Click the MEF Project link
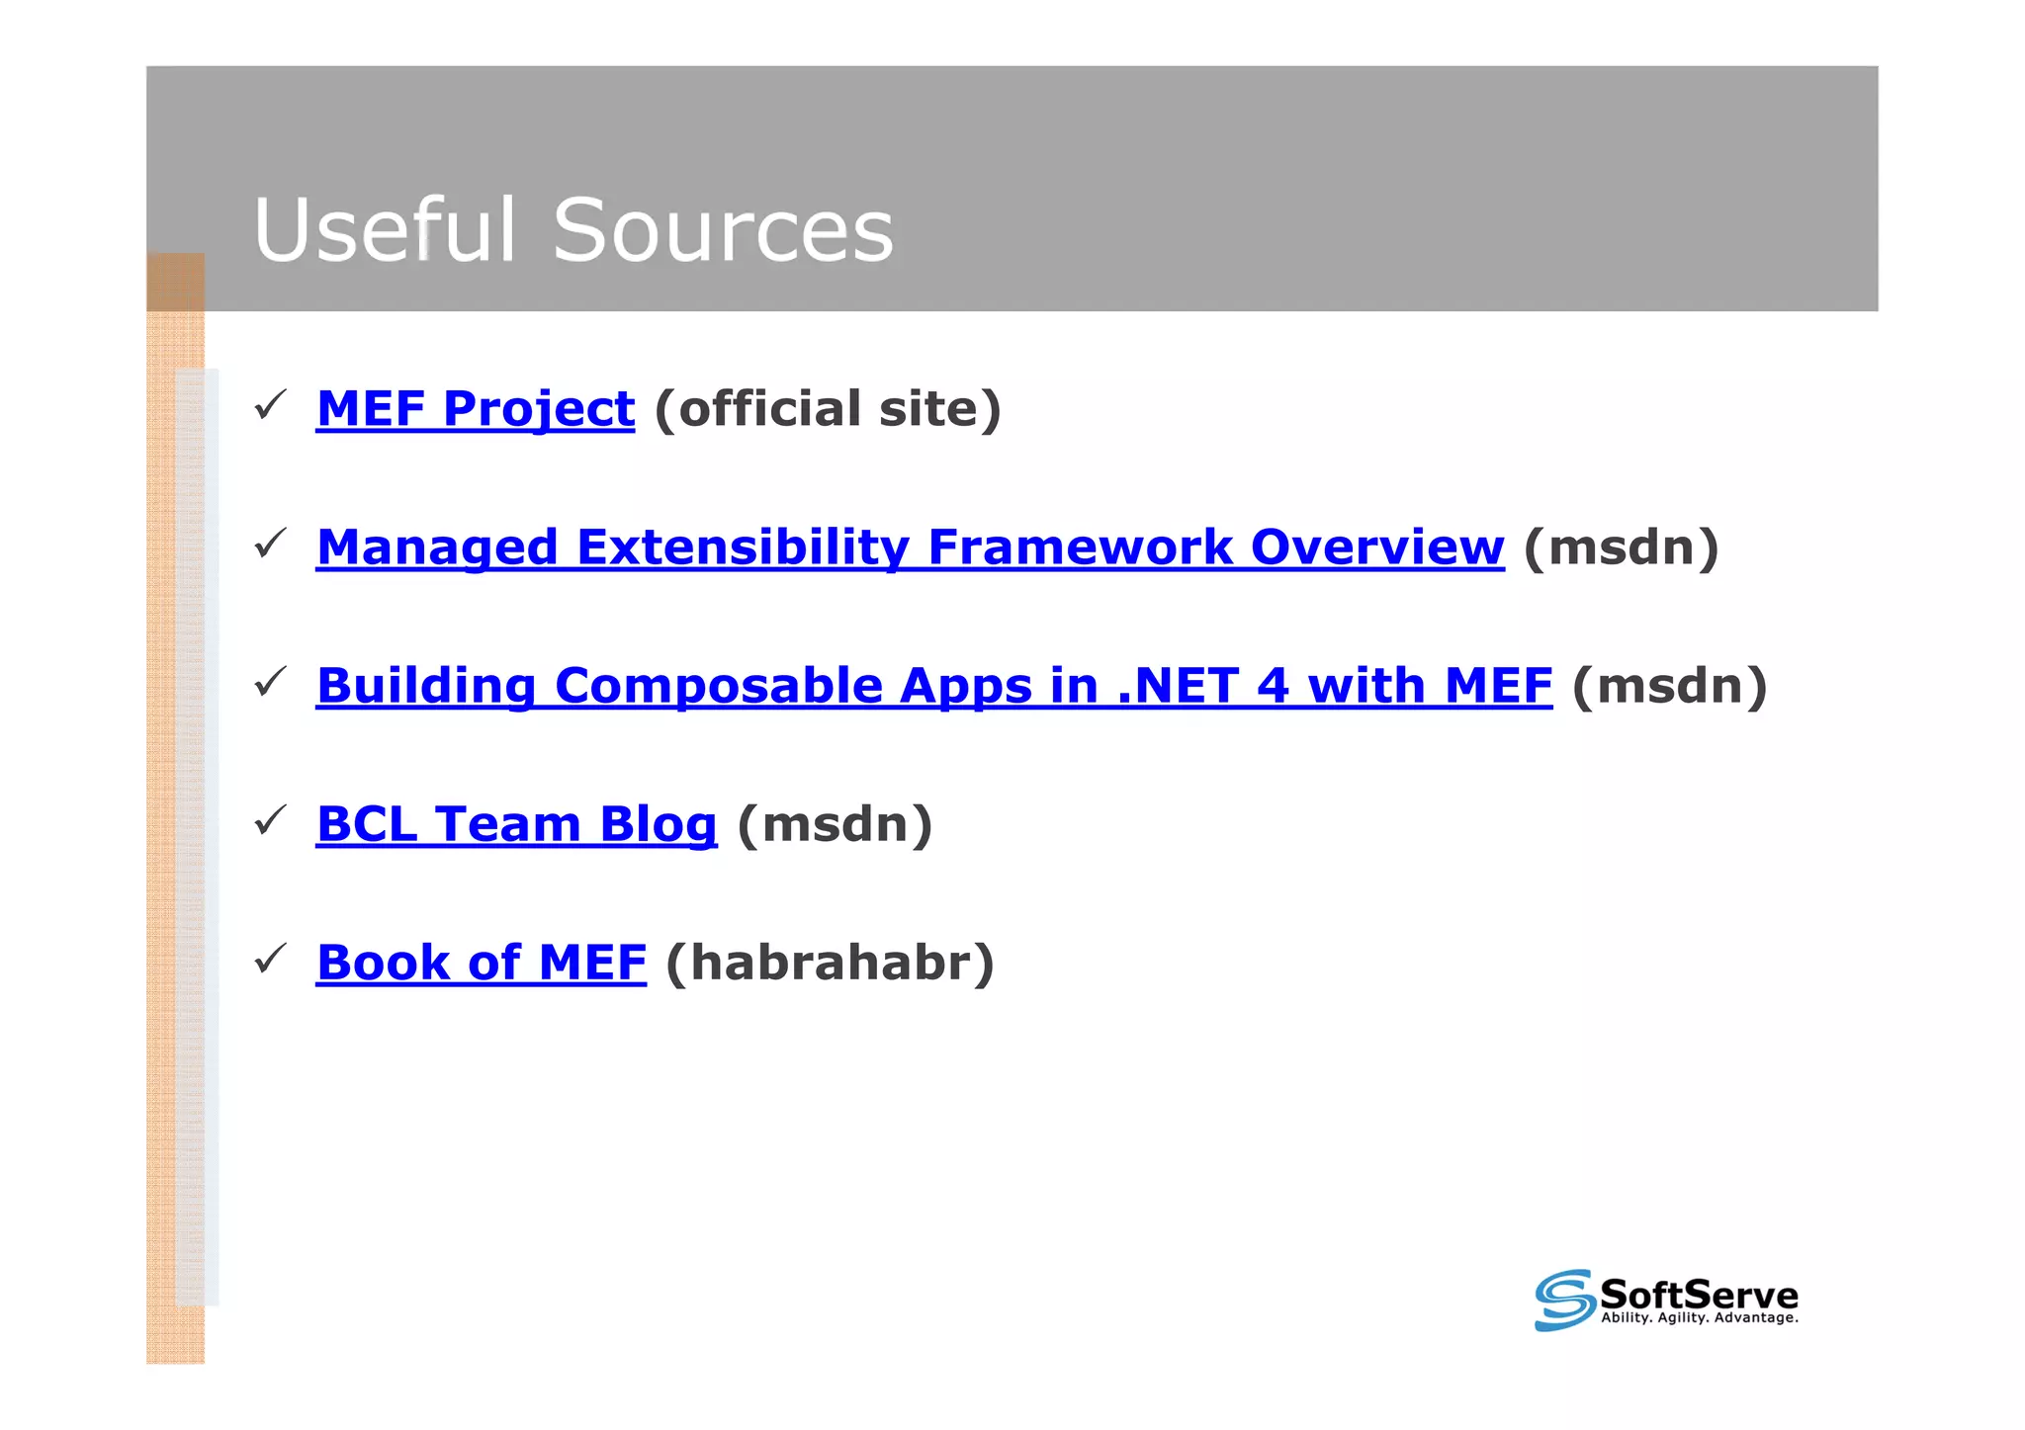475,409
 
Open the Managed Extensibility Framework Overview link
910,547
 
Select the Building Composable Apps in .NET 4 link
933,686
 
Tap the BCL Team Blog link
516,824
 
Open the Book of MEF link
482,963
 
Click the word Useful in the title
385,230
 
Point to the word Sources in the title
723,230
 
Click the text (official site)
828,409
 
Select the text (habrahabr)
830,963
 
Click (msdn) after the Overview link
1622,547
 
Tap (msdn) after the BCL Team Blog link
835,824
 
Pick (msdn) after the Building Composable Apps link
1669,686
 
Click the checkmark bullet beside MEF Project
270,405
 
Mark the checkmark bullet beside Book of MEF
270,959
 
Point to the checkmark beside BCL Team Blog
270,820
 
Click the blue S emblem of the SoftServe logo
1564,1300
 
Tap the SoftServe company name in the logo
1699,1294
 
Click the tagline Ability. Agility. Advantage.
1699,1318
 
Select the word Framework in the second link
1080,547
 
